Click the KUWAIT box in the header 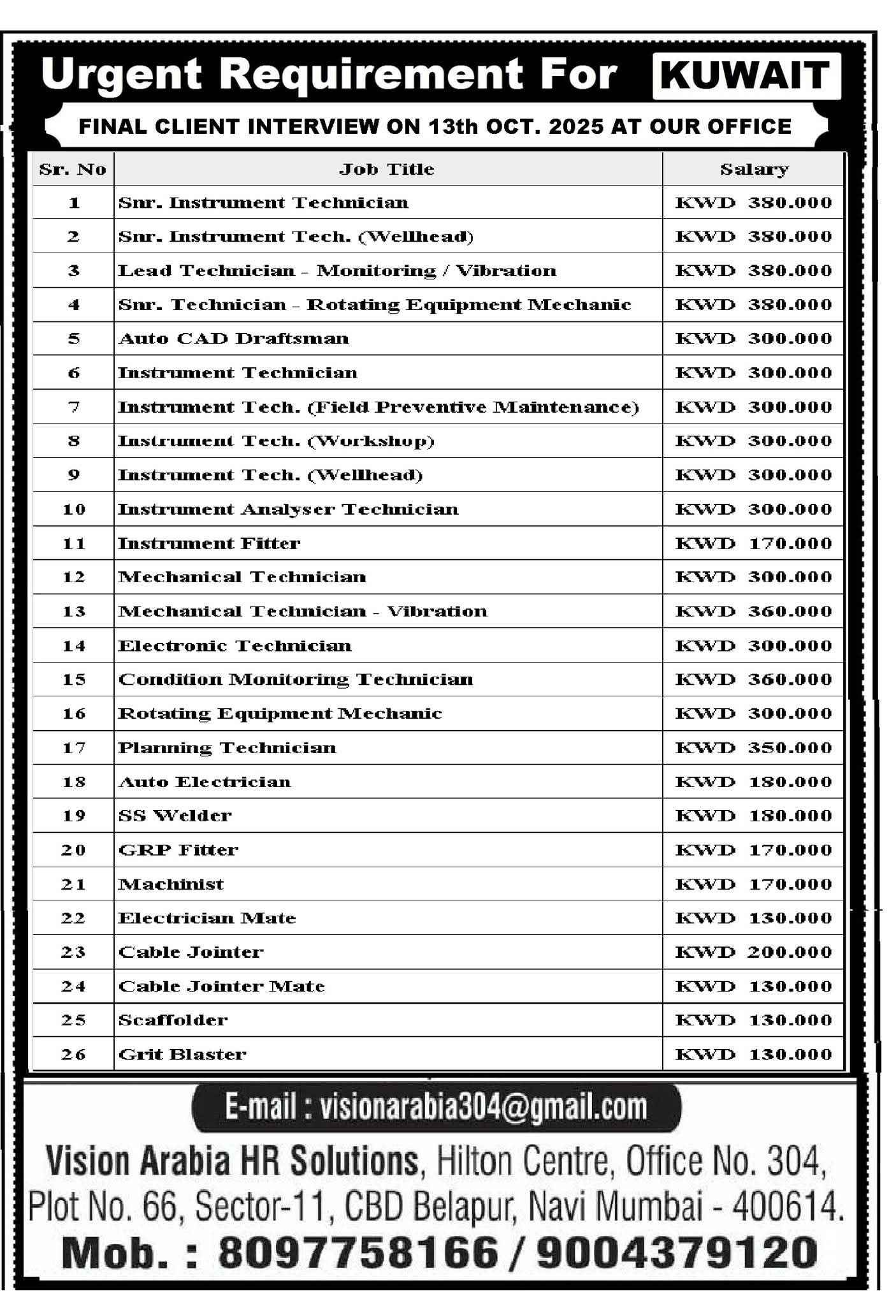point(746,76)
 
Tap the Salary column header point(754,170)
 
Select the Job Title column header point(387,170)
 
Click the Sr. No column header point(73,170)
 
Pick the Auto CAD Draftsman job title point(234,339)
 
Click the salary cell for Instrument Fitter point(754,543)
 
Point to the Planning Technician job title point(228,748)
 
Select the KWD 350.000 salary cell point(754,748)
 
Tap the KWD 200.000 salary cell point(754,952)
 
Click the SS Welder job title point(175,816)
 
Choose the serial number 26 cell point(73,1055)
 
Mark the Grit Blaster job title point(182,1055)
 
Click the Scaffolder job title point(173,1020)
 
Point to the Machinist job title point(171,884)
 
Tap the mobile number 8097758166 point(358,1252)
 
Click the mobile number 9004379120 point(676,1252)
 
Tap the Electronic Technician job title point(235,646)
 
